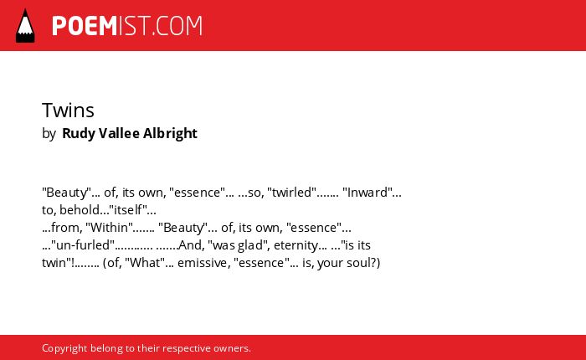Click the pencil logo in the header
[25, 25]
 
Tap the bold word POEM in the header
[85, 26]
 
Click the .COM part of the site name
[177, 26]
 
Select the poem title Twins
[68, 110]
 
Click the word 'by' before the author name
[49, 133]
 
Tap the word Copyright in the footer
[64, 348]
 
